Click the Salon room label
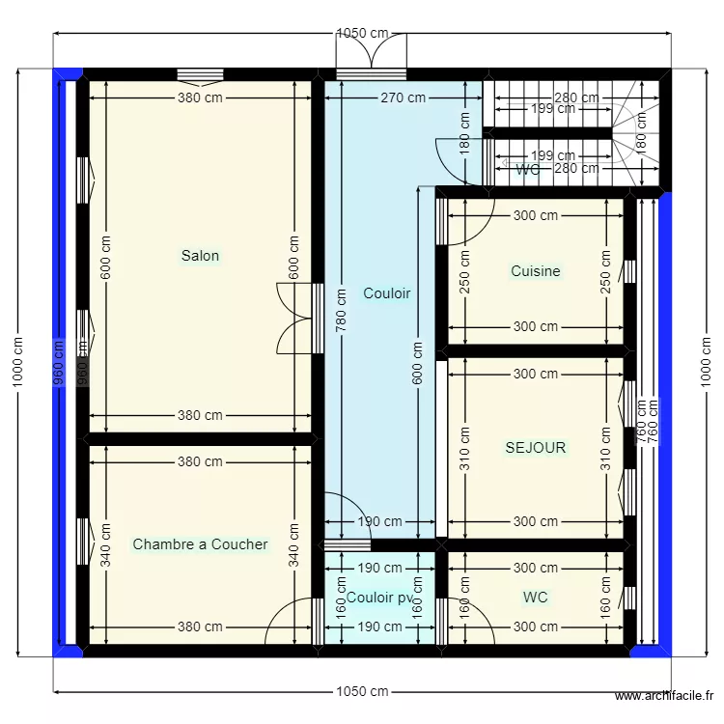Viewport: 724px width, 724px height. coord(200,256)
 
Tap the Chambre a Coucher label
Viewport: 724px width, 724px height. coord(200,544)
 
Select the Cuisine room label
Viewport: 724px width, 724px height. coord(535,271)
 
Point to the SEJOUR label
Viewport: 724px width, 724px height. coord(535,448)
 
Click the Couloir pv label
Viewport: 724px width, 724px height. coord(378,598)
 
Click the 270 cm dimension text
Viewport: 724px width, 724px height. coord(403,97)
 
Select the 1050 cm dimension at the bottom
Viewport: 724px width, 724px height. coord(362,691)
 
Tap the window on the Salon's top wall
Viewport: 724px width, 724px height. coord(201,74)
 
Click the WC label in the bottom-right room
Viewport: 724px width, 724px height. coord(535,598)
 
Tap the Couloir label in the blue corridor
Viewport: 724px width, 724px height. coord(386,293)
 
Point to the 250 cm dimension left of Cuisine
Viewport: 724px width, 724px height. coord(464,271)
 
